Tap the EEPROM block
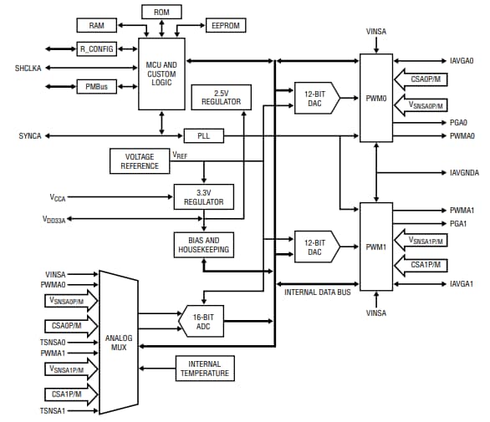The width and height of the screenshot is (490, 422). (226, 26)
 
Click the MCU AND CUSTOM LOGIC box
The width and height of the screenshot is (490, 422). (161, 73)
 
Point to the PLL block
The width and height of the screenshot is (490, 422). (203, 135)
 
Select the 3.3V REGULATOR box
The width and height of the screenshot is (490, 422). (203, 196)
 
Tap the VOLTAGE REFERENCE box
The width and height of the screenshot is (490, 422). (140, 161)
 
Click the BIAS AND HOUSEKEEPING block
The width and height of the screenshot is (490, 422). (203, 245)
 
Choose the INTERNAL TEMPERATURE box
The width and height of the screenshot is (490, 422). (203, 367)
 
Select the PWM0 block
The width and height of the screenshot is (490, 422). (375, 99)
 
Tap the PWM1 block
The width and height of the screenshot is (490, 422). (375, 246)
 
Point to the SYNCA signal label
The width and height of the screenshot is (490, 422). (30, 135)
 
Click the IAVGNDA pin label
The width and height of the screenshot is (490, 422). (462, 172)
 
